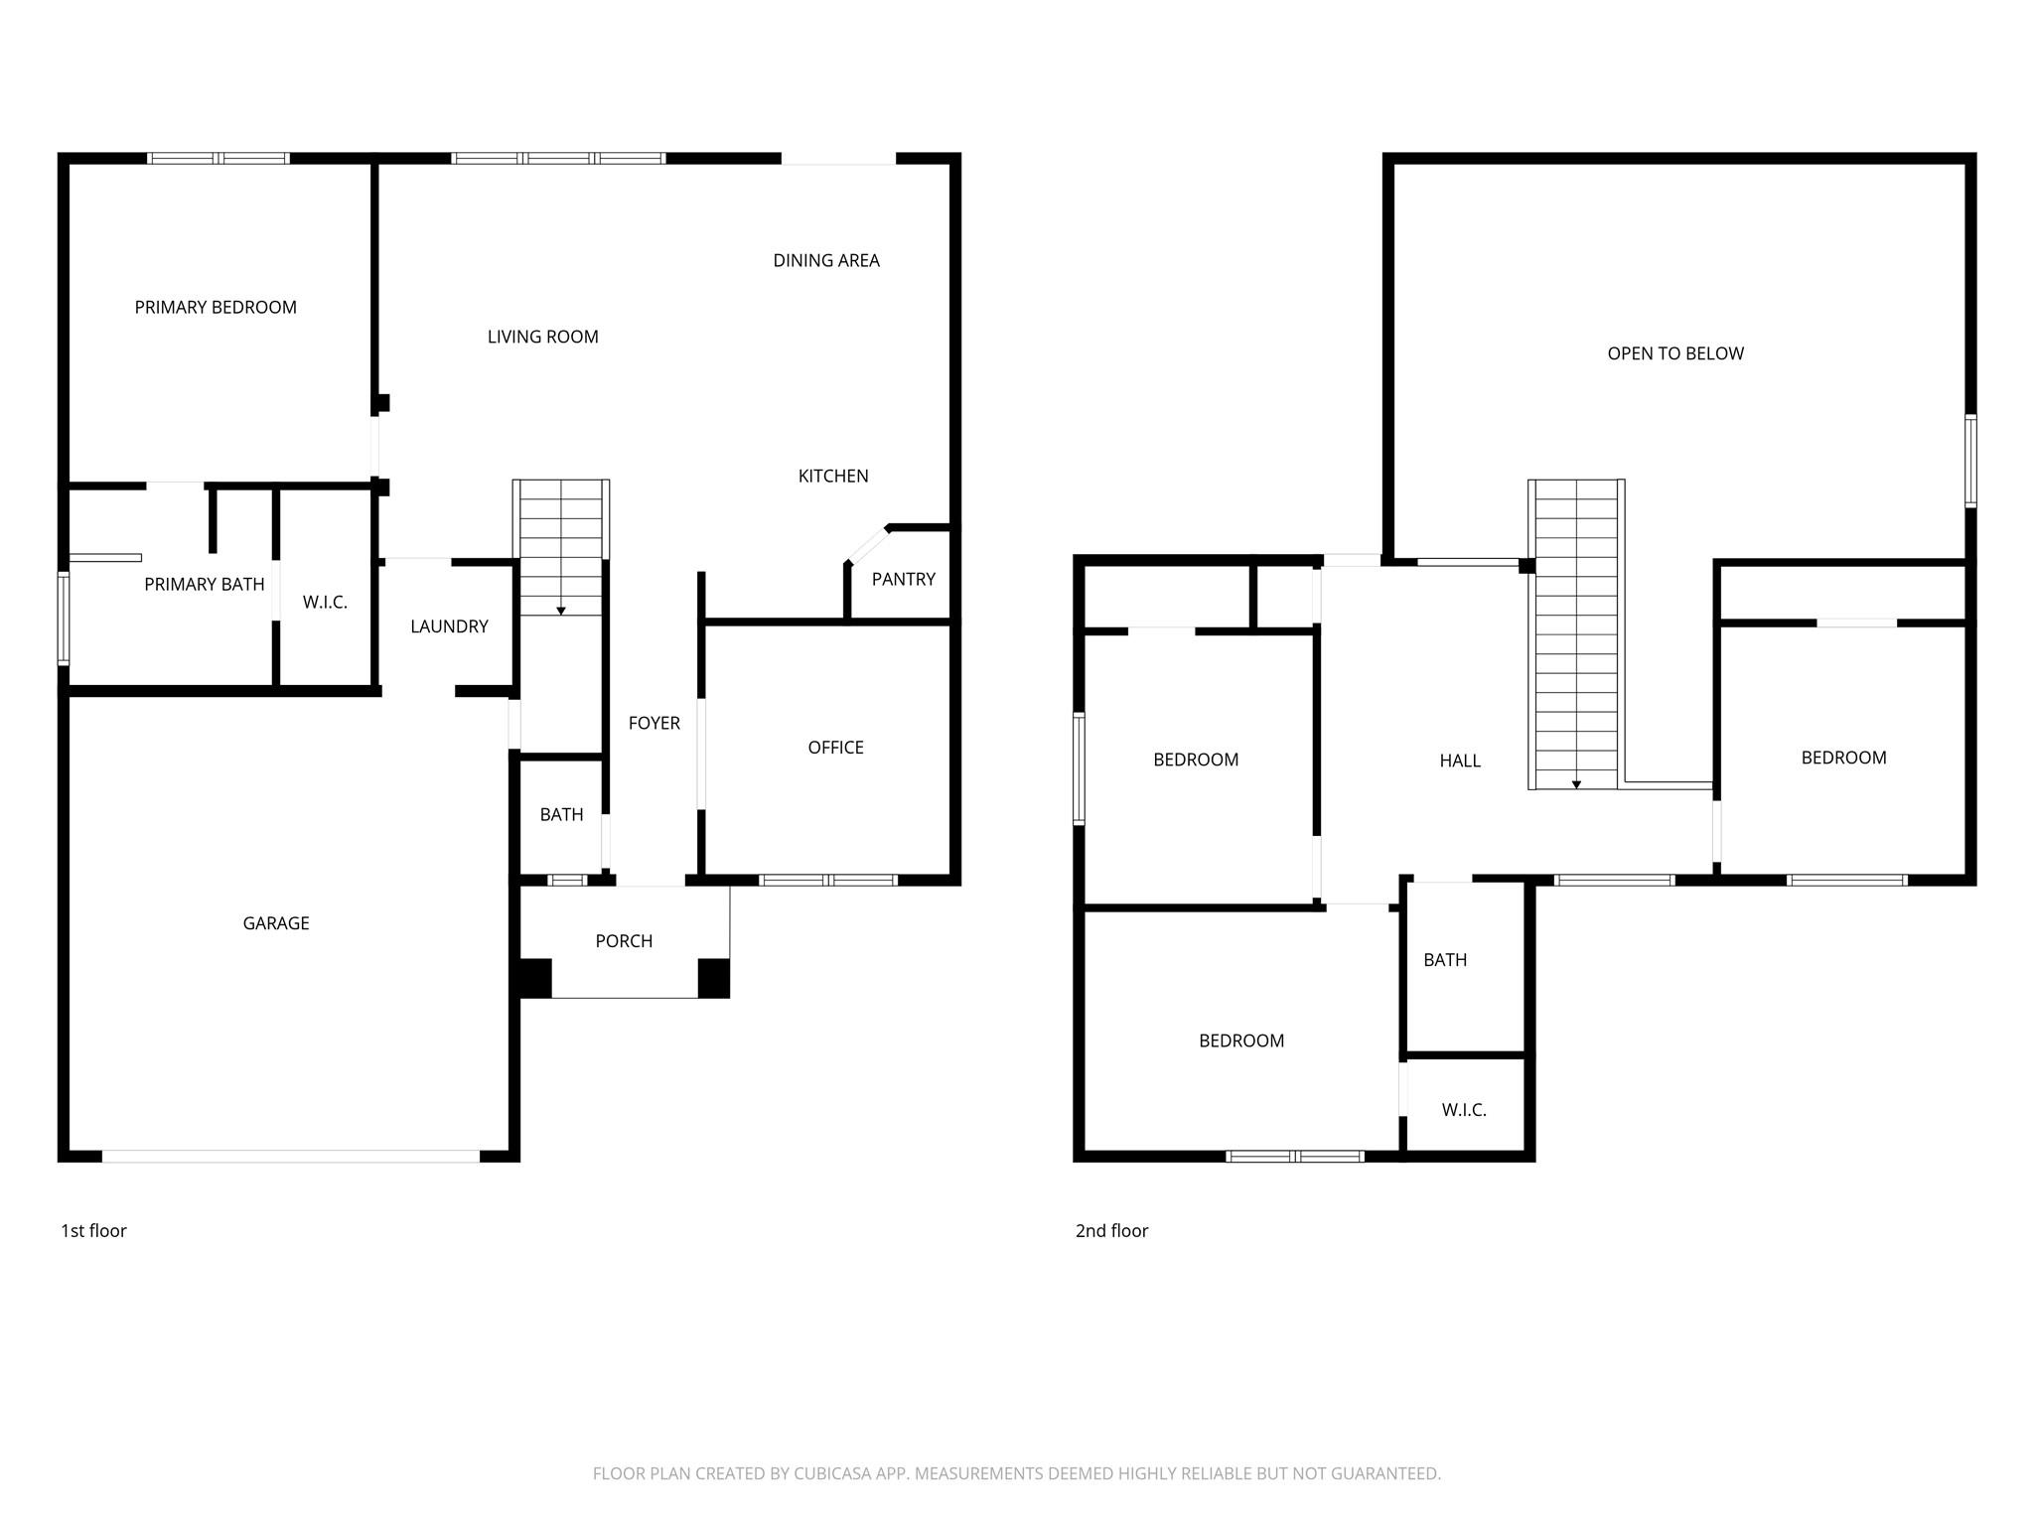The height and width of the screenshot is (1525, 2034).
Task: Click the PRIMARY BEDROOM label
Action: point(216,308)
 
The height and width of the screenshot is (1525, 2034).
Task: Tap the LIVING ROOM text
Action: point(543,338)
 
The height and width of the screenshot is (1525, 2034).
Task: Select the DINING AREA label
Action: point(826,261)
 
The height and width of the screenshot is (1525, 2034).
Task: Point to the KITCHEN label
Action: point(833,477)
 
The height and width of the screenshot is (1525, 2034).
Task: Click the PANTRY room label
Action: point(904,580)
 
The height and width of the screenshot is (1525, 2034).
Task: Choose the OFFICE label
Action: point(836,749)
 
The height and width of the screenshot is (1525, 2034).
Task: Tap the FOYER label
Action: point(654,724)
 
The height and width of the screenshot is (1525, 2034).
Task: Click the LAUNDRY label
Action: point(450,627)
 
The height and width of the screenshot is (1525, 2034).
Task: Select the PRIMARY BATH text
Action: point(205,585)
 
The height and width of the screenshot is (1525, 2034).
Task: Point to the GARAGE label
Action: point(276,924)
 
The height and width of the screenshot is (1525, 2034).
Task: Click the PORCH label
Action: point(624,942)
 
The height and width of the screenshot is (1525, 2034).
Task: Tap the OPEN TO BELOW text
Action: point(1675,354)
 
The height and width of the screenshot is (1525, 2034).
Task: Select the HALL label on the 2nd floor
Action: point(1460,762)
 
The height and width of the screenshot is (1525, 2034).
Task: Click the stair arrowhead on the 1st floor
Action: point(561,611)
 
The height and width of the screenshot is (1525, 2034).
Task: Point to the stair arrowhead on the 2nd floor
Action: point(1576,785)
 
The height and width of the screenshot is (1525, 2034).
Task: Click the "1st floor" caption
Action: point(93,1231)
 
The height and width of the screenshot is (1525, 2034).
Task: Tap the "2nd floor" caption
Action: point(1111,1231)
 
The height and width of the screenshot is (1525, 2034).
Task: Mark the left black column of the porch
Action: point(535,978)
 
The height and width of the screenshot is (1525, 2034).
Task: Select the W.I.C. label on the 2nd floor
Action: point(1464,1111)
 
